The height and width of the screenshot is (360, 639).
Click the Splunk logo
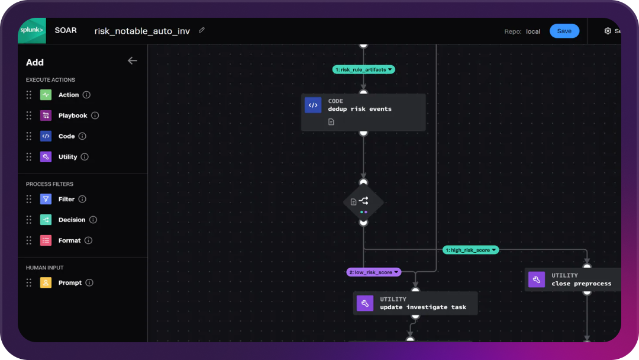(31, 30)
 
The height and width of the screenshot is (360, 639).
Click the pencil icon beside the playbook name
(202, 30)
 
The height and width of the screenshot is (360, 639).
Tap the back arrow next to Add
(133, 60)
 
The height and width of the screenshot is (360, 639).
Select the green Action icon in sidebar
(46, 95)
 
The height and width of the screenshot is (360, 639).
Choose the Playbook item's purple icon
(46, 115)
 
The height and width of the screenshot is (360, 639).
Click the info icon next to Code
(82, 136)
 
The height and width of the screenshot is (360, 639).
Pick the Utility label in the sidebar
(67, 157)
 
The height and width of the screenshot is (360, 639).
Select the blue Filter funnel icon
(46, 199)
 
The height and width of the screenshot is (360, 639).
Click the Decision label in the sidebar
(72, 220)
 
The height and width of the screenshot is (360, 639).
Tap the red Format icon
(46, 240)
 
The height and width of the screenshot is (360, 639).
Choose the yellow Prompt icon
(46, 282)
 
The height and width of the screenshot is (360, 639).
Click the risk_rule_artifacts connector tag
(363, 70)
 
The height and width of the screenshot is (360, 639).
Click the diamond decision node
(363, 202)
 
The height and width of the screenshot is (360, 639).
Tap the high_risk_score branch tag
(470, 250)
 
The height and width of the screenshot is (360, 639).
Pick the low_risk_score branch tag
(373, 272)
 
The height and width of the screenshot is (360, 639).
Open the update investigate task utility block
(415, 303)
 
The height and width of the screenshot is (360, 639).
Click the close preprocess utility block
(573, 279)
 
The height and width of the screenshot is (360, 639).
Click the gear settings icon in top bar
(608, 31)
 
